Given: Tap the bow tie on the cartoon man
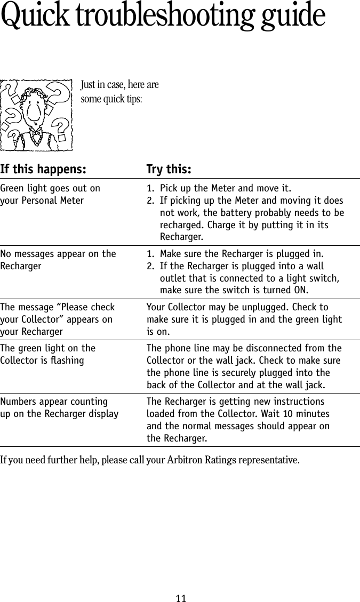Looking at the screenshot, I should click(35, 131).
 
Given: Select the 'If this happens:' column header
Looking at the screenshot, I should click(43, 170).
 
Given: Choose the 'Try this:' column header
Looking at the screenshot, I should click(169, 170).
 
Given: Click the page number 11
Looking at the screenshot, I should click(181, 598).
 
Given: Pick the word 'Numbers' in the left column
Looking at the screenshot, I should click(18, 402).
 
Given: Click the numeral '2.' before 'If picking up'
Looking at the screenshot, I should click(151, 201).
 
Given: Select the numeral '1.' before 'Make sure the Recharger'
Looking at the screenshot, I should click(151, 254).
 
